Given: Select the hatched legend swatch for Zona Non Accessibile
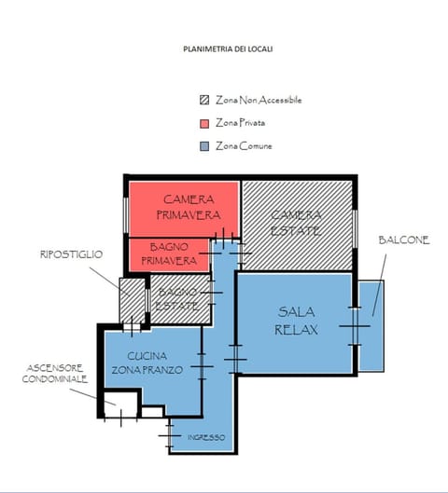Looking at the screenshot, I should point(204,101).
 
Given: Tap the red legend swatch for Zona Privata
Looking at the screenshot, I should point(204,123).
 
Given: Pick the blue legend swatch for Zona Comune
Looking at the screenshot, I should point(204,146).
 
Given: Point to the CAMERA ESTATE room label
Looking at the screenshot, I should point(296,222).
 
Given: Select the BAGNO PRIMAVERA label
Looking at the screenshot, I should point(172,253).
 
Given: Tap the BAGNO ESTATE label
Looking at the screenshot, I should point(177,299).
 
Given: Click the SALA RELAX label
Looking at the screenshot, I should point(297,321).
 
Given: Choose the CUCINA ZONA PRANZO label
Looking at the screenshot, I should point(149,363).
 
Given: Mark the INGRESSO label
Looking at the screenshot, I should point(205,437).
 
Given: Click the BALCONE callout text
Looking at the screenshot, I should point(403,240).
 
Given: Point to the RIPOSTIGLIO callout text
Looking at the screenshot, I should point(71,254).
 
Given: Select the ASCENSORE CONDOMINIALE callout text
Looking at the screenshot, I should point(55,374).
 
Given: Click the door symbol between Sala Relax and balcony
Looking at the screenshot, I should point(354,325).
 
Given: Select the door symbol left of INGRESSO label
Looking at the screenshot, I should point(169,435).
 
